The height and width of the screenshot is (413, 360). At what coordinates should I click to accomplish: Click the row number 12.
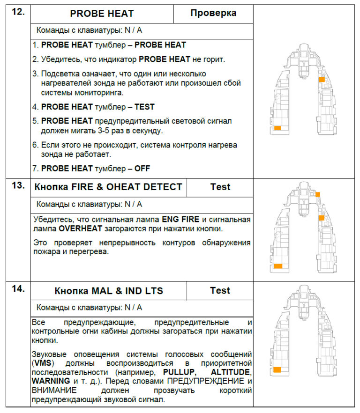click(18, 13)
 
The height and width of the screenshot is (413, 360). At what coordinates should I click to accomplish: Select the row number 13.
click(18, 186)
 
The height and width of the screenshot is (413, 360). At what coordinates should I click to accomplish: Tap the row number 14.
click(18, 289)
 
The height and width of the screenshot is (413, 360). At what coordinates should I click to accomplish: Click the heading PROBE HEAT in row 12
click(102, 14)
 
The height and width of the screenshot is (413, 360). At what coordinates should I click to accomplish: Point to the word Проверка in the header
click(213, 13)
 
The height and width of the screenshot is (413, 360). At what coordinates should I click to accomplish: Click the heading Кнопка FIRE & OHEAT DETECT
click(108, 187)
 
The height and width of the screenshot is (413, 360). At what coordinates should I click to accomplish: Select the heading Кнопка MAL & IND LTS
click(109, 291)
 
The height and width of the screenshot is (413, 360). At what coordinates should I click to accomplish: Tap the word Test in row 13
click(220, 187)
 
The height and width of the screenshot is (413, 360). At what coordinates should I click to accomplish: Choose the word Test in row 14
click(220, 290)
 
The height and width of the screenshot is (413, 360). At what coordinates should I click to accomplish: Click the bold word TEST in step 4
click(144, 107)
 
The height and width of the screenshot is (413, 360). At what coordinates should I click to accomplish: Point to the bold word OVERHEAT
click(79, 229)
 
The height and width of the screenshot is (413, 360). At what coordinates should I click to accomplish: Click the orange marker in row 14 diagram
click(277, 370)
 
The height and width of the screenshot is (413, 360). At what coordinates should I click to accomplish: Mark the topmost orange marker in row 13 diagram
click(318, 194)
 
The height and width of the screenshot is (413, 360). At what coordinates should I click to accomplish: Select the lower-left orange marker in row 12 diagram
click(277, 128)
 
